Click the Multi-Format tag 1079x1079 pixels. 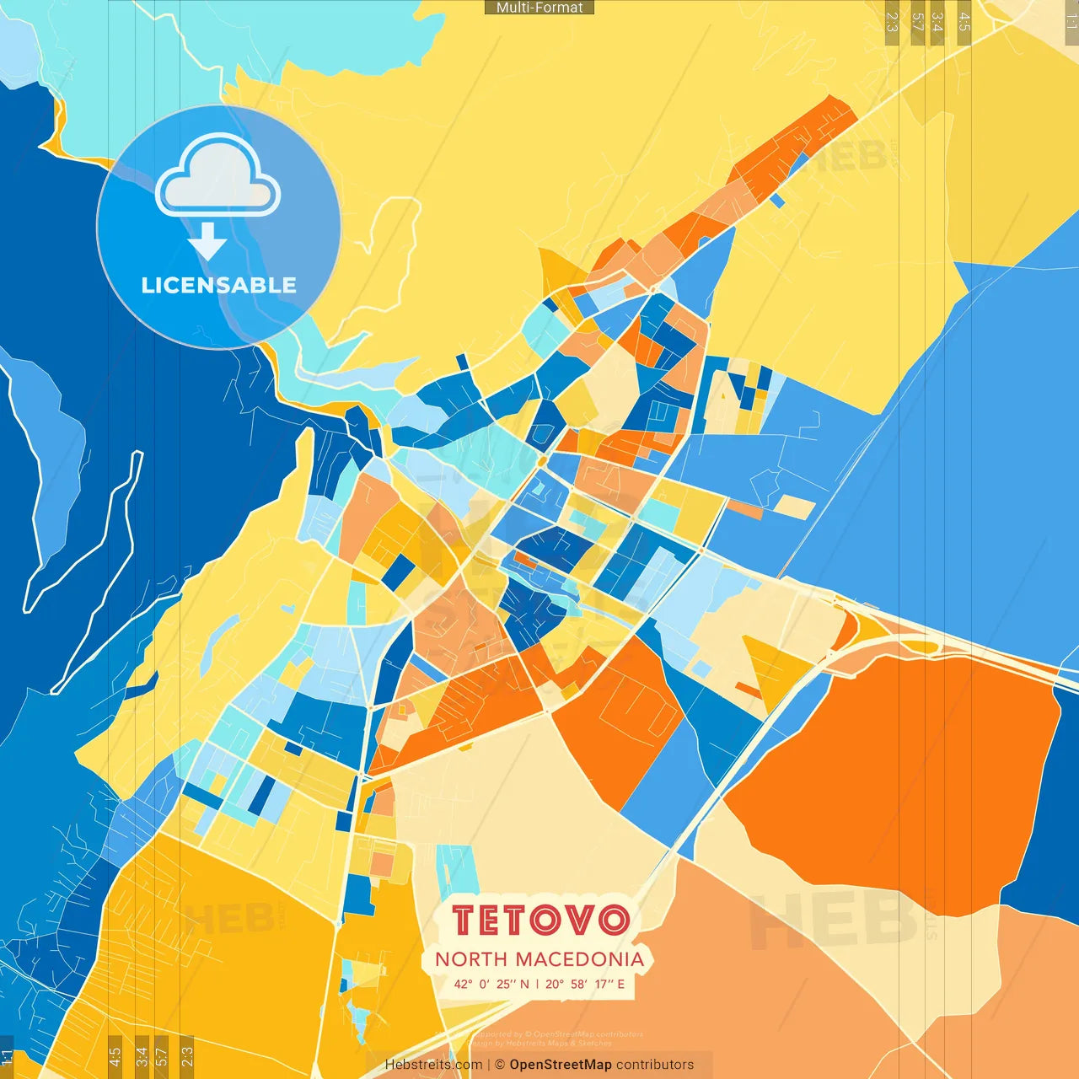pyautogui.click(x=539, y=8)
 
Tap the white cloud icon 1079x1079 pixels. pyautogui.click(x=217, y=180)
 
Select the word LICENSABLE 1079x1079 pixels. pyautogui.click(x=218, y=285)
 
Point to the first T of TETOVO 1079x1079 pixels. pyautogui.click(x=465, y=921)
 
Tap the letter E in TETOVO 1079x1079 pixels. pyautogui.click(x=494, y=921)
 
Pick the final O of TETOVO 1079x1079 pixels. pyautogui.click(x=614, y=921)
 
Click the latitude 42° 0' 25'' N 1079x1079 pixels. pyautogui.click(x=492, y=984)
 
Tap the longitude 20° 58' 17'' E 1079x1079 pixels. pyautogui.click(x=585, y=984)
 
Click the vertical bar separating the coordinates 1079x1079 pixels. pyautogui.click(x=538, y=984)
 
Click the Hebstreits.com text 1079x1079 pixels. pyautogui.click(x=433, y=1065)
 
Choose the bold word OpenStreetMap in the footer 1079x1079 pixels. pyautogui.click(x=561, y=1065)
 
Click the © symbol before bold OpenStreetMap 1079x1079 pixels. pyautogui.click(x=500, y=1065)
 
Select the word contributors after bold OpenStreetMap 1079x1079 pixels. pyautogui.click(x=655, y=1065)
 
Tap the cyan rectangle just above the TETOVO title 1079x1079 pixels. pyautogui.click(x=457, y=872)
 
